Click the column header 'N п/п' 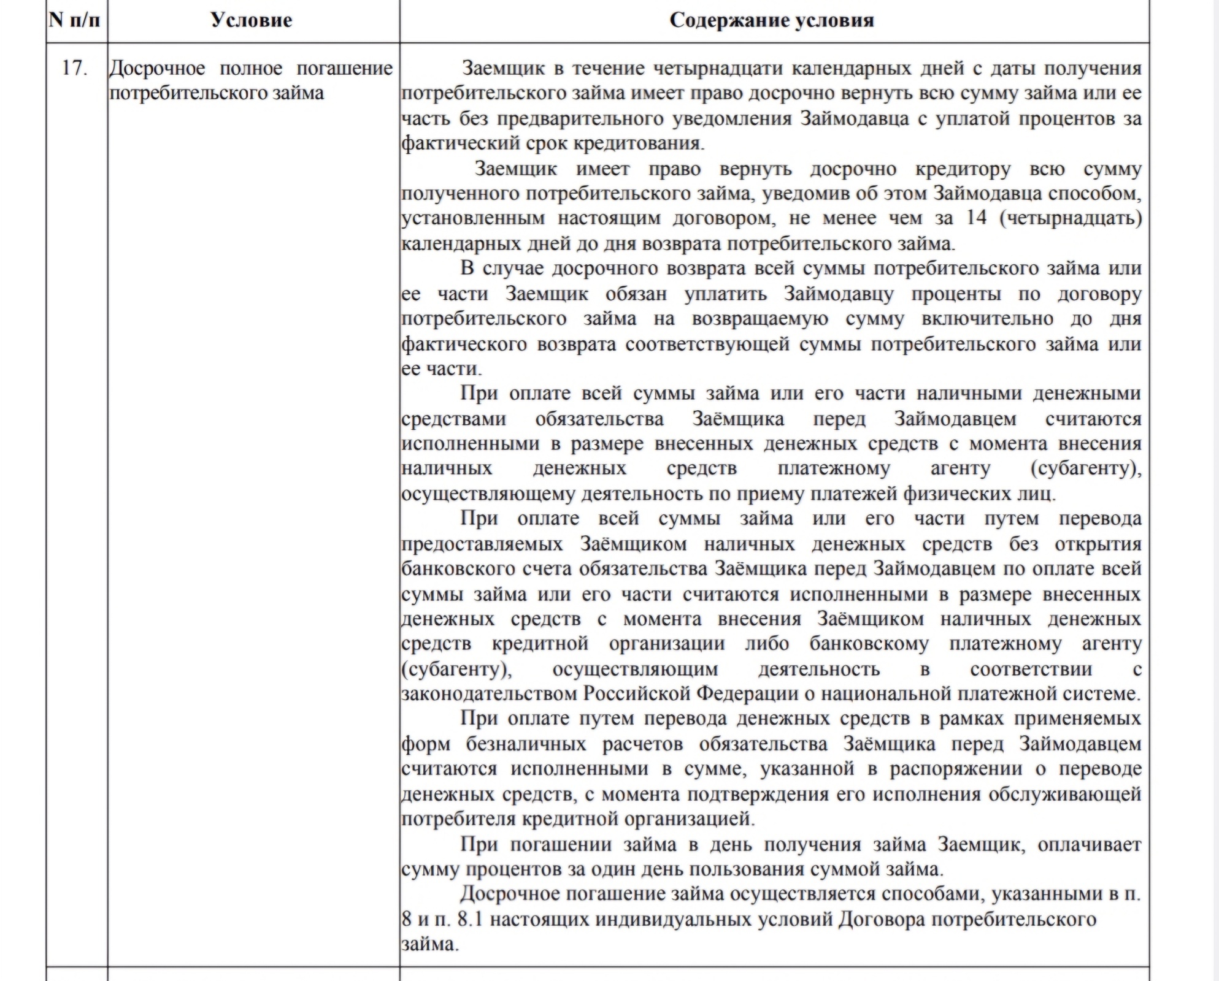coord(74,20)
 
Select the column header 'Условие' coord(251,20)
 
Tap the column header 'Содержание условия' coord(771,20)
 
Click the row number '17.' coord(74,68)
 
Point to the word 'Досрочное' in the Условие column coord(157,68)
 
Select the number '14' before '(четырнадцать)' coord(976,218)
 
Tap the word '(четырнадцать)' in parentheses coord(1071,218)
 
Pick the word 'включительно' coord(987,319)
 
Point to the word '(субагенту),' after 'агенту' coord(1085,468)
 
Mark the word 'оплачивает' coord(1089,844)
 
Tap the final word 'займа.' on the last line coord(430,944)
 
